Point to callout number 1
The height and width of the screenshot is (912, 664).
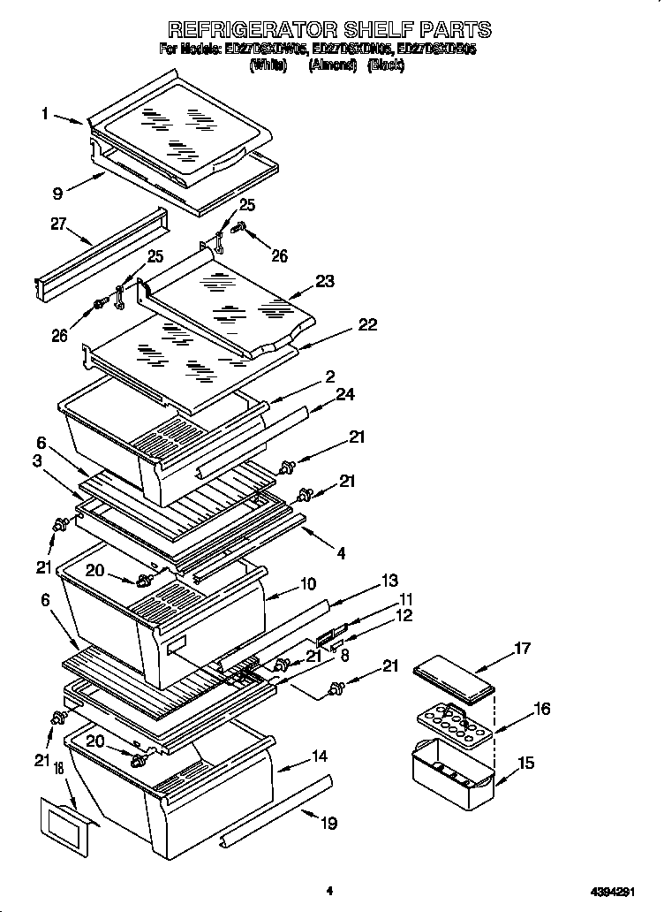[x=43, y=113]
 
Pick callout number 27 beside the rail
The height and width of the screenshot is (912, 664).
[x=59, y=224]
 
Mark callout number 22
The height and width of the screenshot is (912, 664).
[x=366, y=325]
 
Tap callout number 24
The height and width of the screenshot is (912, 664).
[x=345, y=394]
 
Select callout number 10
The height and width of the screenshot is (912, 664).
[x=308, y=583]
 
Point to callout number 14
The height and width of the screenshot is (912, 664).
[x=319, y=756]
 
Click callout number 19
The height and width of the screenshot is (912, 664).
[x=328, y=824]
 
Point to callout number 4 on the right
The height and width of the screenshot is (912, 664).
[x=341, y=554]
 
